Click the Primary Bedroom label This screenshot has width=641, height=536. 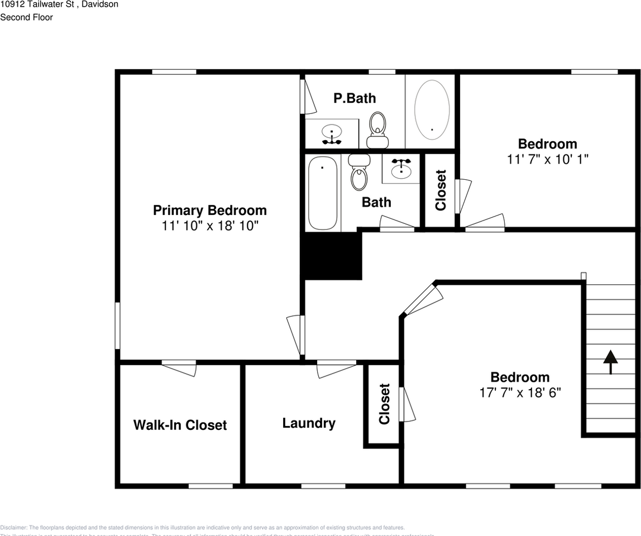tap(210, 210)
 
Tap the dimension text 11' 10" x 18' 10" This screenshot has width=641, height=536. tap(210, 226)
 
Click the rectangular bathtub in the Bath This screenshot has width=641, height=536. tap(322, 193)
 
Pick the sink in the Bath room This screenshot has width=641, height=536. tap(401, 167)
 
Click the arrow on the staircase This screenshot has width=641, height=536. tap(610, 362)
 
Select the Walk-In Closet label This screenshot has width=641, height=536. tap(180, 425)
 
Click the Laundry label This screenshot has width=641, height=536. tap(309, 423)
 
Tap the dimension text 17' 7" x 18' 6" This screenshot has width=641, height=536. tap(520, 393)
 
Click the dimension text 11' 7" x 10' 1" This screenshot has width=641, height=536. tap(548, 159)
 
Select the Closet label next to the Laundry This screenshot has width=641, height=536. tap(384, 404)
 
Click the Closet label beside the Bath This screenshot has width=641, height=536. tap(441, 190)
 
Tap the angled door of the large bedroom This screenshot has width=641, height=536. tap(422, 300)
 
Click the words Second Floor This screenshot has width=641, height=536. tap(26, 17)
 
